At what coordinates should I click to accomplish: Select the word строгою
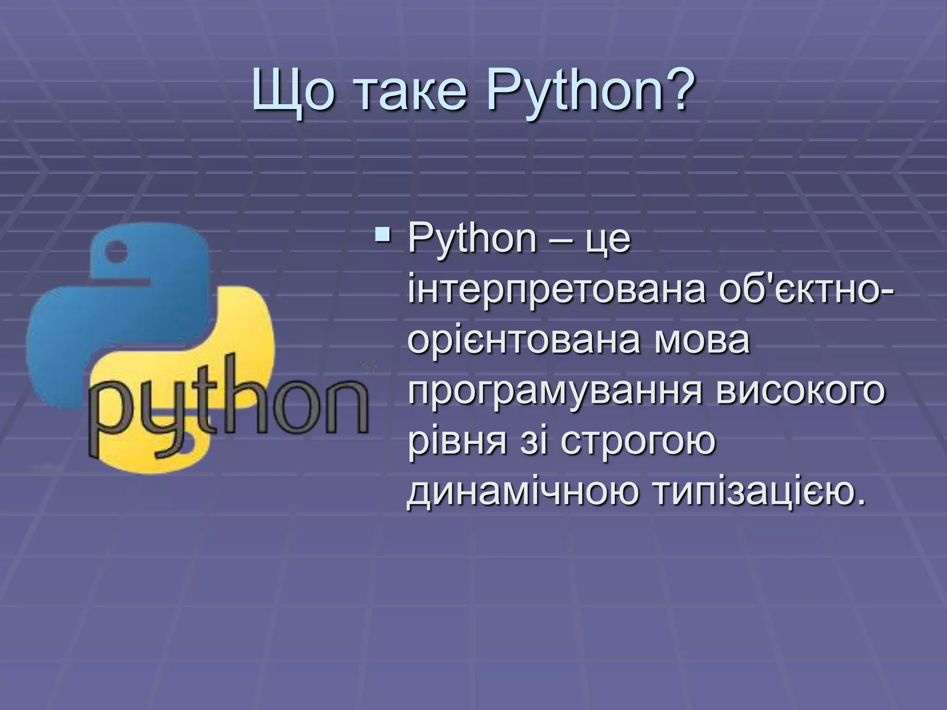(x=638, y=441)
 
